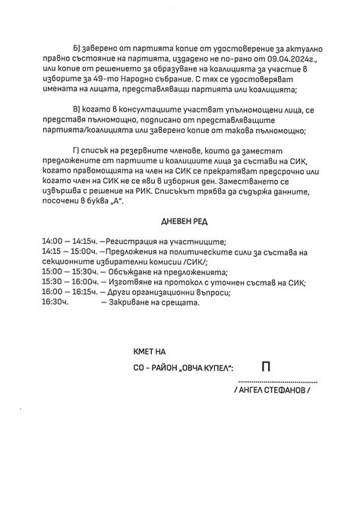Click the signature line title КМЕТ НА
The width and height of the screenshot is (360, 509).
[149, 352]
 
